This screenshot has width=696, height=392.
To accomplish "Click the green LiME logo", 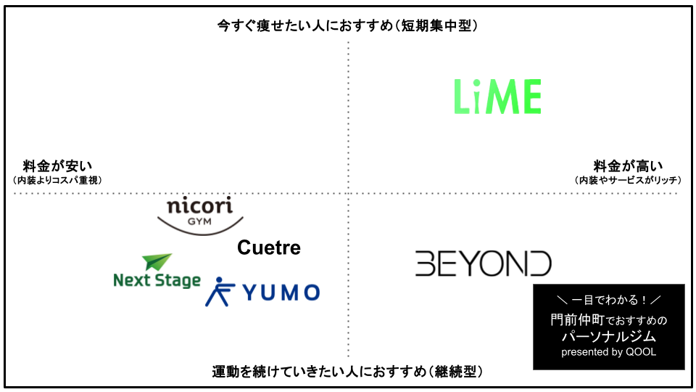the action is [x=497, y=97].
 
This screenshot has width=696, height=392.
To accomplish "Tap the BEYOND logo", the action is [x=484, y=264].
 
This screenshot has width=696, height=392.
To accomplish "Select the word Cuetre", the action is [x=269, y=248].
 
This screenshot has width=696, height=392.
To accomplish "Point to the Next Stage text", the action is [x=157, y=280].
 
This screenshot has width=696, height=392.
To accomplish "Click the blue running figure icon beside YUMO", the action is [x=219, y=292].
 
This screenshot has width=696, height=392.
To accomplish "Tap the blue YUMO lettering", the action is [x=281, y=293].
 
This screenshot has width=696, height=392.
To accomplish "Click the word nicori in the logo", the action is [x=200, y=205].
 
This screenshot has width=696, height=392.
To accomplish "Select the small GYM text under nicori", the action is [x=199, y=221].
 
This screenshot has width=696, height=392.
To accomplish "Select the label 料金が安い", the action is [x=58, y=166].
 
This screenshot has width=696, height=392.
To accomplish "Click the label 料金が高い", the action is [x=628, y=166].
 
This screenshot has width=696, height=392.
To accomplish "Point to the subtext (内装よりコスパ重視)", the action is [x=58, y=180].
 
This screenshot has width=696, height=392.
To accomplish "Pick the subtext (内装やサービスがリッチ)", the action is [x=628, y=180].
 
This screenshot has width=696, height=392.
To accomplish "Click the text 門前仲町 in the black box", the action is [x=578, y=319].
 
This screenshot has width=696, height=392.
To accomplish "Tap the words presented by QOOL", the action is [x=608, y=352].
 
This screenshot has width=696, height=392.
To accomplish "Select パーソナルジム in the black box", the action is [x=608, y=336].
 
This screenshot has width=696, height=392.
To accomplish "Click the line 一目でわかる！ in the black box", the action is [x=608, y=300].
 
